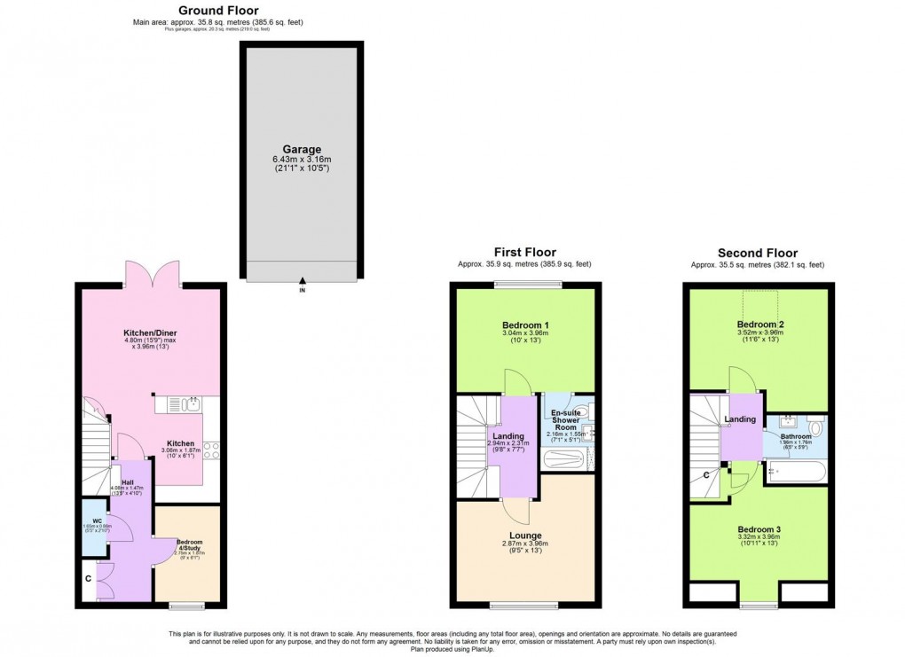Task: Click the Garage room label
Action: coord(303,150)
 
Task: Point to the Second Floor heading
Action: coord(757,253)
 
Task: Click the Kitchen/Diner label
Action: coord(148,334)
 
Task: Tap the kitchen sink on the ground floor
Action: coord(186,405)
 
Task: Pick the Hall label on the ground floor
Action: coord(127,482)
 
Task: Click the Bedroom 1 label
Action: coord(524,325)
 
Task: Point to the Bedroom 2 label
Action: coord(760,325)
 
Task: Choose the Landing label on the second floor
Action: coord(739,419)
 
